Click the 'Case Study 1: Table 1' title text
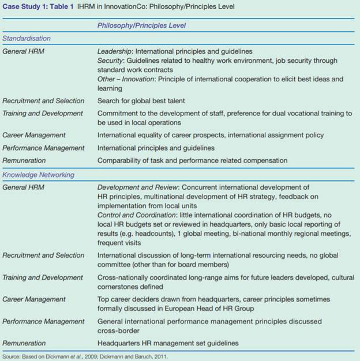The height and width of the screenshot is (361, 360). tap(38, 6)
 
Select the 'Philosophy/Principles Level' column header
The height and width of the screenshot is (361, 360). tap(141, 25)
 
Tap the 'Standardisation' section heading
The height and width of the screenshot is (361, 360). tap(27, 38)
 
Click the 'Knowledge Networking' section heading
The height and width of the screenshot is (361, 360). tap(38, 175)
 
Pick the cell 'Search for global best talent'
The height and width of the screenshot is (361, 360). tap(141, 101)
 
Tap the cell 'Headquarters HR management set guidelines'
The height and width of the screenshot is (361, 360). tap(167, 344)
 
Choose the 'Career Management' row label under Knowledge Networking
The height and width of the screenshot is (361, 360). tap(34, 300)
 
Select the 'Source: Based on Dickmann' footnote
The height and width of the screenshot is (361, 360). tap(81, 356)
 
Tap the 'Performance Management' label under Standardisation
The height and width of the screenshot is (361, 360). tap(43, 148)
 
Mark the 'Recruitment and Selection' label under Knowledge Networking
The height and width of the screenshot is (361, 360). tap(43, 255)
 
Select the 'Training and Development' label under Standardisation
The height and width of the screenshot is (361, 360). tap(43, 114)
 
